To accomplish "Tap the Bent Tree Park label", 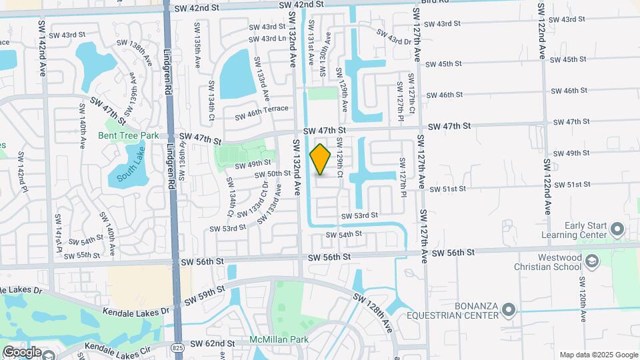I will click(128, 135).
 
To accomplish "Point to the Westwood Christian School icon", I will click(591, 262).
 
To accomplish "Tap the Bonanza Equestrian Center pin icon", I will click(509, 309).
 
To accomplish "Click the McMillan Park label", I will click(279, 339).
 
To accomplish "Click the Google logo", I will click(22, 351).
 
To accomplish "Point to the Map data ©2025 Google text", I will click(598, 355).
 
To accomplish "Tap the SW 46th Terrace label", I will click(261, 113).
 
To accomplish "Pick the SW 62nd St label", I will click(213, 343).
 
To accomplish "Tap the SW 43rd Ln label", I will click(268, 38).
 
